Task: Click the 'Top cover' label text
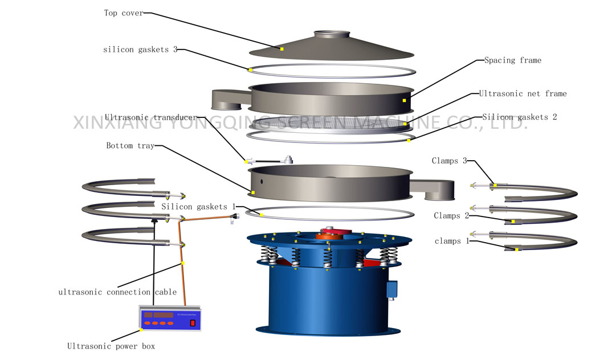124,13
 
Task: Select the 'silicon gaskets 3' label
140,50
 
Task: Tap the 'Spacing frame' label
512,60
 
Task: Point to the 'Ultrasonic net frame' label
523,93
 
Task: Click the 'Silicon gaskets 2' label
519,117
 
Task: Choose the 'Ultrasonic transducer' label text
150,117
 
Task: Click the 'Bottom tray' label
130,146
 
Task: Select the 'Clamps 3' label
449,161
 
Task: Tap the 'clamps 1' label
447,241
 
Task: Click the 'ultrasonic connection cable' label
117,292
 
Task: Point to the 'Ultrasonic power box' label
111,346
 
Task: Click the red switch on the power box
193,323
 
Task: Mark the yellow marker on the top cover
281,49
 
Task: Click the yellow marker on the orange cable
183,263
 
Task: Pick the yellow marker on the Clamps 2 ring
513,222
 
